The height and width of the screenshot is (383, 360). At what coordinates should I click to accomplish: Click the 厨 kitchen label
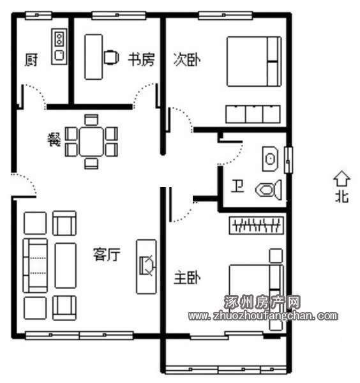click(31, 60)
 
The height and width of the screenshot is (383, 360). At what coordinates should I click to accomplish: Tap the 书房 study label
click(142, 59)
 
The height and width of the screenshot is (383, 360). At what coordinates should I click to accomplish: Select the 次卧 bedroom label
click(187, 59)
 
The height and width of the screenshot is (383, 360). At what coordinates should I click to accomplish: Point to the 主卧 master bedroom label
click(187, 278)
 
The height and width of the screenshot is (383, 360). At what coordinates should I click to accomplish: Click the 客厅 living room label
click(107, 255)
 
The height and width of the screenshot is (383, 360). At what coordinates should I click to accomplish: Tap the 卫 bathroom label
click(237, 186)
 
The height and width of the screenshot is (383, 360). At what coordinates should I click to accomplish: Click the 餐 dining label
click(54, 140)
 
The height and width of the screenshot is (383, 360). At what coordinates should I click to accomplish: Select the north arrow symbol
click(341, 178)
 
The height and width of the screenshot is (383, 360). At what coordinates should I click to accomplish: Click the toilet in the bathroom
click(269, 190)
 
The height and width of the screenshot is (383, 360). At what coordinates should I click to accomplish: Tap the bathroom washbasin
click(270, 159)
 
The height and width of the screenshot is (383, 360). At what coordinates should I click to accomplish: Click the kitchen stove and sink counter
click(59, 47)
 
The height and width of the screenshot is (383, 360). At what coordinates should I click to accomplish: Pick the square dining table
click(91, 142)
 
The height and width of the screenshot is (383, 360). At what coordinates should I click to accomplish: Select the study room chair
click(111, 57)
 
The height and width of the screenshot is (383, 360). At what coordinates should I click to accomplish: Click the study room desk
click(94, 57)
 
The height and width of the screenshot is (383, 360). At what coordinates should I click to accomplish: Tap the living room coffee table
click(66, 266)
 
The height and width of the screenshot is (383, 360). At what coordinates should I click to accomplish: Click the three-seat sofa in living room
click(35, 266)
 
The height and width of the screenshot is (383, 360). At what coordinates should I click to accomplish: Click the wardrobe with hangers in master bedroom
click(257, 225)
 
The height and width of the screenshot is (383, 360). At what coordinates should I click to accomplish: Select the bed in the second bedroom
click(254, 61)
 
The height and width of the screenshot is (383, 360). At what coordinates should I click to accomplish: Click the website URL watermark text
click(263, 316)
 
